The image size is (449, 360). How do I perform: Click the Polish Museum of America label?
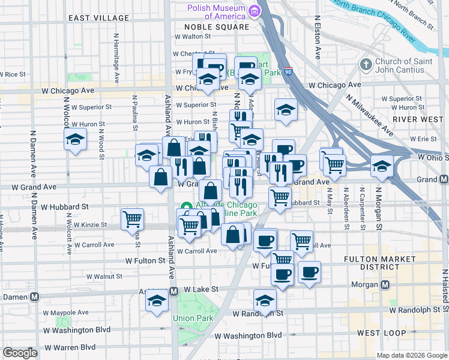tap(217, 12)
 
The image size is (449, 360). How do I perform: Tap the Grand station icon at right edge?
tap(444, 179)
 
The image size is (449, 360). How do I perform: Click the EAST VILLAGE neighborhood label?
tap(98, 19)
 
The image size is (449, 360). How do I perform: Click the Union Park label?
tap(192, 318)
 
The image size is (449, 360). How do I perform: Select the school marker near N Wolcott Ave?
tap(75, 140)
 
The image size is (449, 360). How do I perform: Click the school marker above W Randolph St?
tap(265, 299)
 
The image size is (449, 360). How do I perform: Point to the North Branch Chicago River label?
tap(373, 23)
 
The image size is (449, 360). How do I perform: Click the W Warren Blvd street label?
tap(71, 347)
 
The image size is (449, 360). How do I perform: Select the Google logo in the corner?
tap(19, 353)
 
